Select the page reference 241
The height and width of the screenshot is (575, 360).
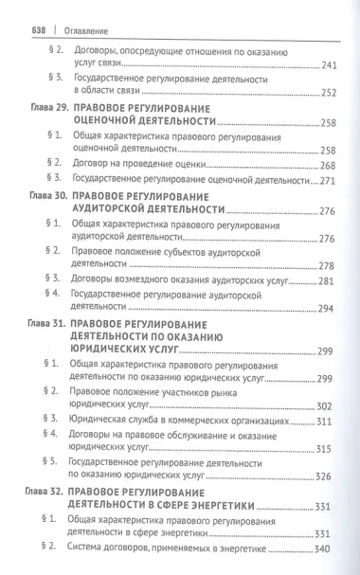[322, 64]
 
